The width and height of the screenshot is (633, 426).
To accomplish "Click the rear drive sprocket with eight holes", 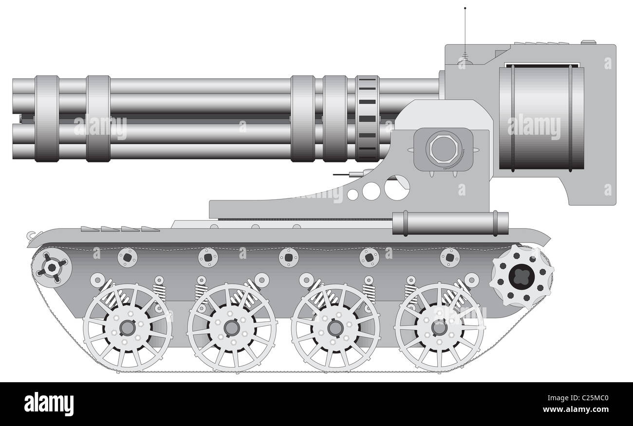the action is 522,276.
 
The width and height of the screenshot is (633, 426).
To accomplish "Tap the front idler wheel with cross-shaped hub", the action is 52,267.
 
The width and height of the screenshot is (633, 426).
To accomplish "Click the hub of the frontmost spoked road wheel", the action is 128,327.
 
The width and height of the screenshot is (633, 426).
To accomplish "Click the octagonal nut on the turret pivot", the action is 443,149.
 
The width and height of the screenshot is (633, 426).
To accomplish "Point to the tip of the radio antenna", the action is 465,8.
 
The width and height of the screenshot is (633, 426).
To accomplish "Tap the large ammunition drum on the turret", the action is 541,118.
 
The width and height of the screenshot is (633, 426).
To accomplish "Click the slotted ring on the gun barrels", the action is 367,119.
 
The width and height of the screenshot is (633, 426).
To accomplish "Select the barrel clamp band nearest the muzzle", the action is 47,119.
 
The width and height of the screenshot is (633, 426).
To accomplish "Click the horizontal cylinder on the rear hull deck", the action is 450,223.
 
